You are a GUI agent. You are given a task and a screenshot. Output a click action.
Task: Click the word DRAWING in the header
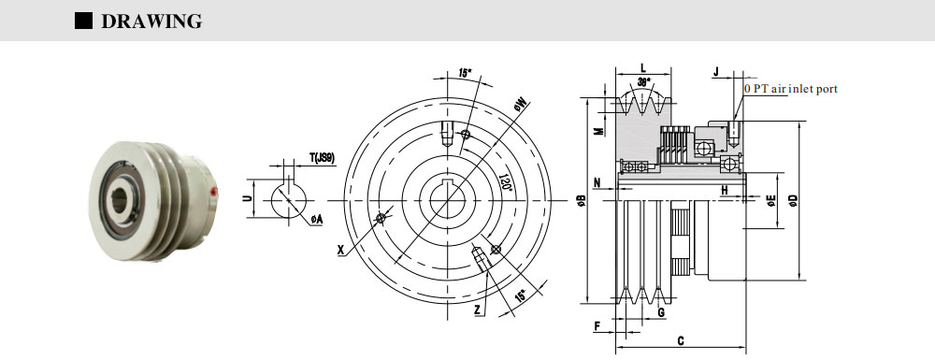(x=151, y=21)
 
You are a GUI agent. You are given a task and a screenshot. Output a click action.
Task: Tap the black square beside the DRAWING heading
(x=83, y=21)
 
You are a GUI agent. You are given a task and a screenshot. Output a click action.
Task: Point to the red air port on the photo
(x=214, y=192)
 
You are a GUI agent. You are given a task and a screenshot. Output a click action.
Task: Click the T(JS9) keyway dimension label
(x=322, y=158)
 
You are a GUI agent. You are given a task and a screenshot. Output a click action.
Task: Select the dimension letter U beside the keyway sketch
(x=246, y=198)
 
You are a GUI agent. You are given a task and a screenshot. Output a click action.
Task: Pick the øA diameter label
(x=316, y=220)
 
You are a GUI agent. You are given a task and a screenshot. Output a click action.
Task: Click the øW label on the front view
(x=519, y=106)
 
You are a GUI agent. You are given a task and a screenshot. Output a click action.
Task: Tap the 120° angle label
(x=506, y=181)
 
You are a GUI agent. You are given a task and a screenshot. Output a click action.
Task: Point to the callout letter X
(x=340, y=251)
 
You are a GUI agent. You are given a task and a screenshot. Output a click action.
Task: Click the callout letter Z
(x=478, y=310)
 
